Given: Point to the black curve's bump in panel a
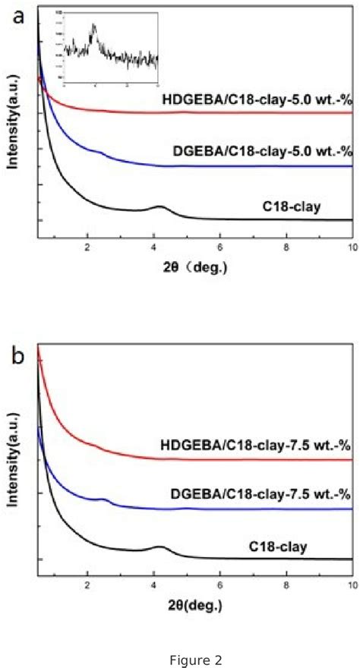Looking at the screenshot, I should coord(159,206).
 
